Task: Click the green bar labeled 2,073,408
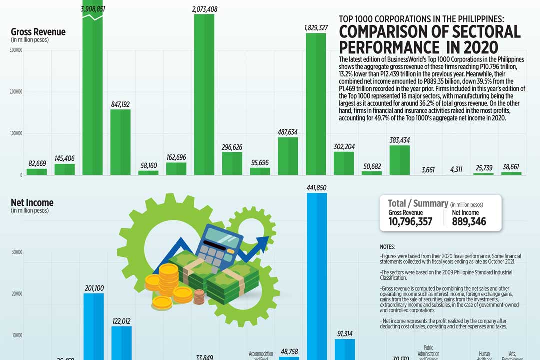pyautogui.click(x=204, y=95)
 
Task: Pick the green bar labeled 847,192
pyautogui.click(x=120, y=142)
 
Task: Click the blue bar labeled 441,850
pyautogui.click(x=317, y=275)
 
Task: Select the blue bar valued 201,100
pyautogui.click(x=93, y=325)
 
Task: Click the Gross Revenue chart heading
pyautogui.click(x=38, y=32)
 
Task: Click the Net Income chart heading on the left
pyautogui.click(x=32, y=203)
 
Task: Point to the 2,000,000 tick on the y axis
pyautogui.click(x=15, y=91)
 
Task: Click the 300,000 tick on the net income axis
pyautogui.click(x=16, y=252)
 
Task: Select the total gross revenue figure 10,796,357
pyautogui.click(x=410, y=221)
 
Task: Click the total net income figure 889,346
pyautogui.click(x=469, y=221)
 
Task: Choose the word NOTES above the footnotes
pyautogui.click(x=387, y=247)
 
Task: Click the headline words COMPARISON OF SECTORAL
pyautogui.click(x=430, y=32)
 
